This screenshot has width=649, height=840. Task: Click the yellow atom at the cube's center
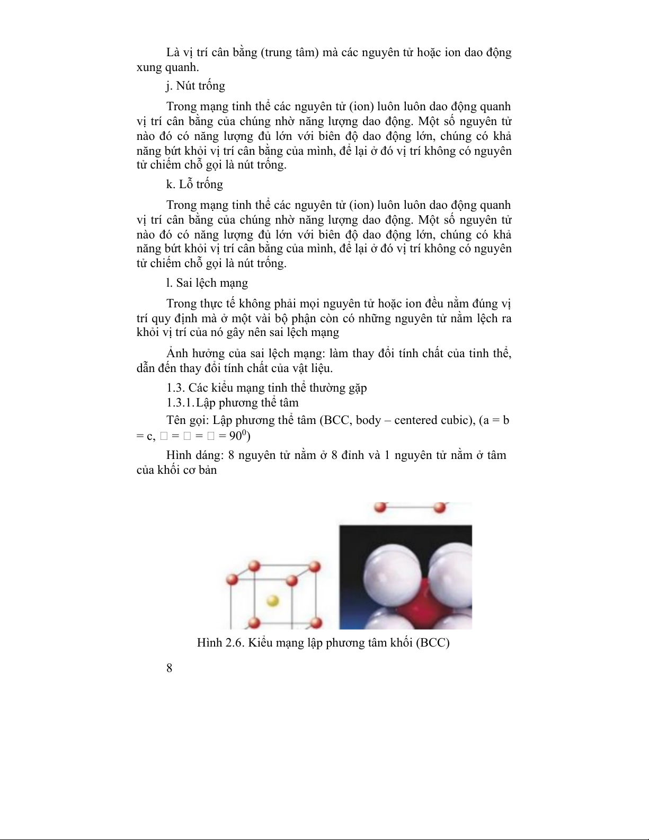click(272, 600)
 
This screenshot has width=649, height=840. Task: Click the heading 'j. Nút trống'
click(195, 86)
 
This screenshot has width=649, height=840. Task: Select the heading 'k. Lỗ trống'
click(194, 184)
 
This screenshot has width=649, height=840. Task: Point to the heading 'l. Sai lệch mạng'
click(207, 283)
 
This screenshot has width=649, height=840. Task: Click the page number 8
click(169, 668)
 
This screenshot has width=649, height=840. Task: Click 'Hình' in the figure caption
click(209, 643)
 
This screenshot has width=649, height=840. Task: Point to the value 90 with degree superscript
click(237, 436)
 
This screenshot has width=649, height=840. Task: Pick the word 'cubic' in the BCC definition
click(457, 420)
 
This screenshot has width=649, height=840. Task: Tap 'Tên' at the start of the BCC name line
click(176, 420)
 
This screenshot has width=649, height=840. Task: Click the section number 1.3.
click(175, 388)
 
